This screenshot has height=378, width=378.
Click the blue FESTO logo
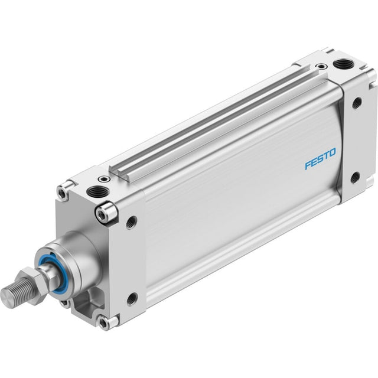[320, 159]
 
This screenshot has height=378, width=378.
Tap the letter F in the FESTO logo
[308, 165]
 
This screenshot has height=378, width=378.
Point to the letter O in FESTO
[332, 152]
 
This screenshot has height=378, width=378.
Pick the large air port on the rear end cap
[343, 64]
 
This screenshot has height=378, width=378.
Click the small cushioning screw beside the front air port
[104, 179]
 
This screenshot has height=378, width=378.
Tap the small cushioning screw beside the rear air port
[321, 66]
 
